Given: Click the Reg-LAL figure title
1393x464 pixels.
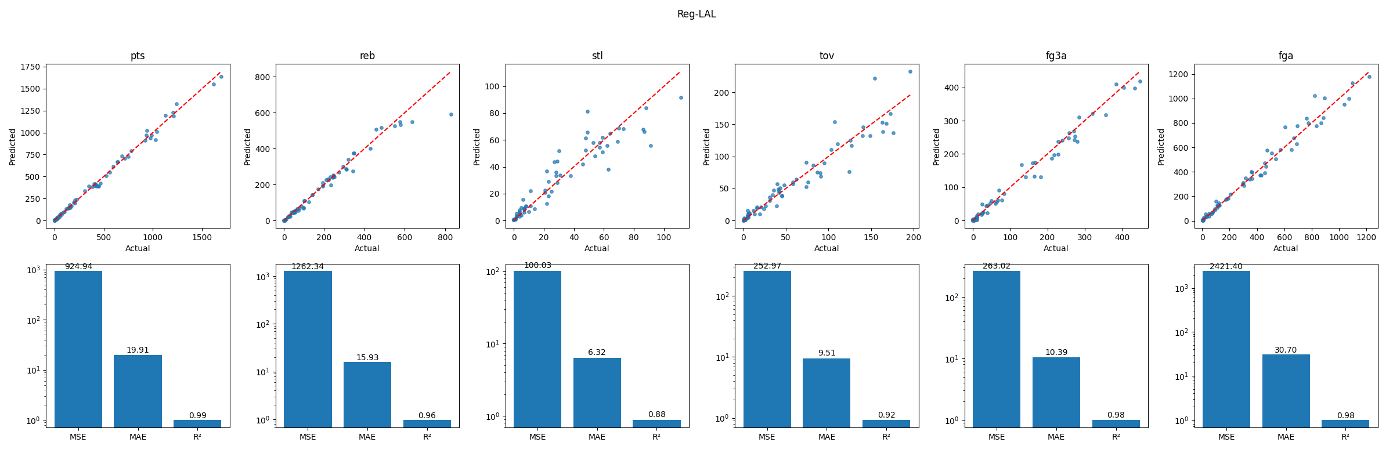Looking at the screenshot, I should click(696, 14).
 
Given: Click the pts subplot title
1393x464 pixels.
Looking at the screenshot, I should click(138, 56).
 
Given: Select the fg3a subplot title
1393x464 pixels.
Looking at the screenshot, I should click(1056, 56).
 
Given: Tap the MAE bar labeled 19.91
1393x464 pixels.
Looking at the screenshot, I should click(138, 391).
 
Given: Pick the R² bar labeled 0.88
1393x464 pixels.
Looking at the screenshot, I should click(656, 423).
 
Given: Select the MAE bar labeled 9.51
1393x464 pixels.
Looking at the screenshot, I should click(827, 393).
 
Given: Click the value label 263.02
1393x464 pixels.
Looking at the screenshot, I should click(996, 266).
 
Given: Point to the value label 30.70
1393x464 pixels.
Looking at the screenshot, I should click(1286, 350).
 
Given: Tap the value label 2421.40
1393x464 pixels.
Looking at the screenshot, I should click(1226, 266).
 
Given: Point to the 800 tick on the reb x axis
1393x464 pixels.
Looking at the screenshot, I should click(445, 237).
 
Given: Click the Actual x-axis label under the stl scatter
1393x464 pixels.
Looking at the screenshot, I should click(597, 248).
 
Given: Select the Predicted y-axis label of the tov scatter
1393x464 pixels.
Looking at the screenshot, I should click(706, 147).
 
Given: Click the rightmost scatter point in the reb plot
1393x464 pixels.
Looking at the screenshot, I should click(451, 114).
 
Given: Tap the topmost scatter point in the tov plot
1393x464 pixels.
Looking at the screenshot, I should click(910, 72).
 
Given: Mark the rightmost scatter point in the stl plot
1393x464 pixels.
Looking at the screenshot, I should click(681, 97).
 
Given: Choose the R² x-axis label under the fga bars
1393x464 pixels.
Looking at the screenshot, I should click(1345, 437).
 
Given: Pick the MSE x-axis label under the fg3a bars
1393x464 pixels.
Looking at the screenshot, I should click(996, 437).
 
